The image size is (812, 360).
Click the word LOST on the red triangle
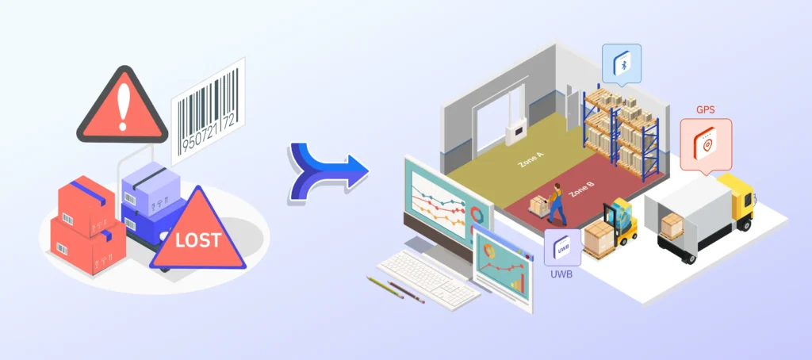point(198,240)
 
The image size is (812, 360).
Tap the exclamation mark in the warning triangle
point(123,108)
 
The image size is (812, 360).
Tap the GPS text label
point(705,110)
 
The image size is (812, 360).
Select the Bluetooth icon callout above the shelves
point(622,64)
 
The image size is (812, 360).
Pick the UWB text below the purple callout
point(561,274)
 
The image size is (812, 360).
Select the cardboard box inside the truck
point(672,224)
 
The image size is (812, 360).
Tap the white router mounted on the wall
point(516,132)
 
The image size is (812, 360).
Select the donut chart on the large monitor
point(475,214)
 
